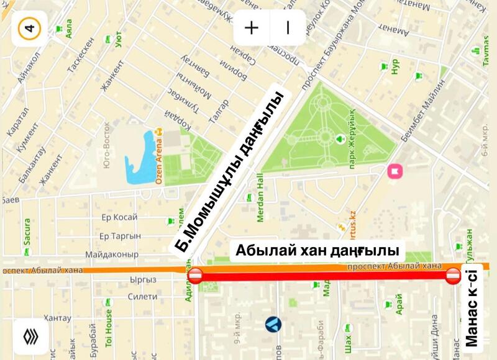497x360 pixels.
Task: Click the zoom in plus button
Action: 251,28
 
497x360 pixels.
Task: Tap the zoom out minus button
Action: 288,28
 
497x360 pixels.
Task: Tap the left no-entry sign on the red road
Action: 195,276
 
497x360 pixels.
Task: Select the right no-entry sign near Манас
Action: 453,276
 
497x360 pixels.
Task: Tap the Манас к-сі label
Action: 472,308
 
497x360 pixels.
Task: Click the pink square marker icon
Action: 394,171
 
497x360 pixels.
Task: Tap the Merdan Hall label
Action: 260,205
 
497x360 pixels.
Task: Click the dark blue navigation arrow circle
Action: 273,323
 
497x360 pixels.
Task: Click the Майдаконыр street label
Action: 111,254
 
